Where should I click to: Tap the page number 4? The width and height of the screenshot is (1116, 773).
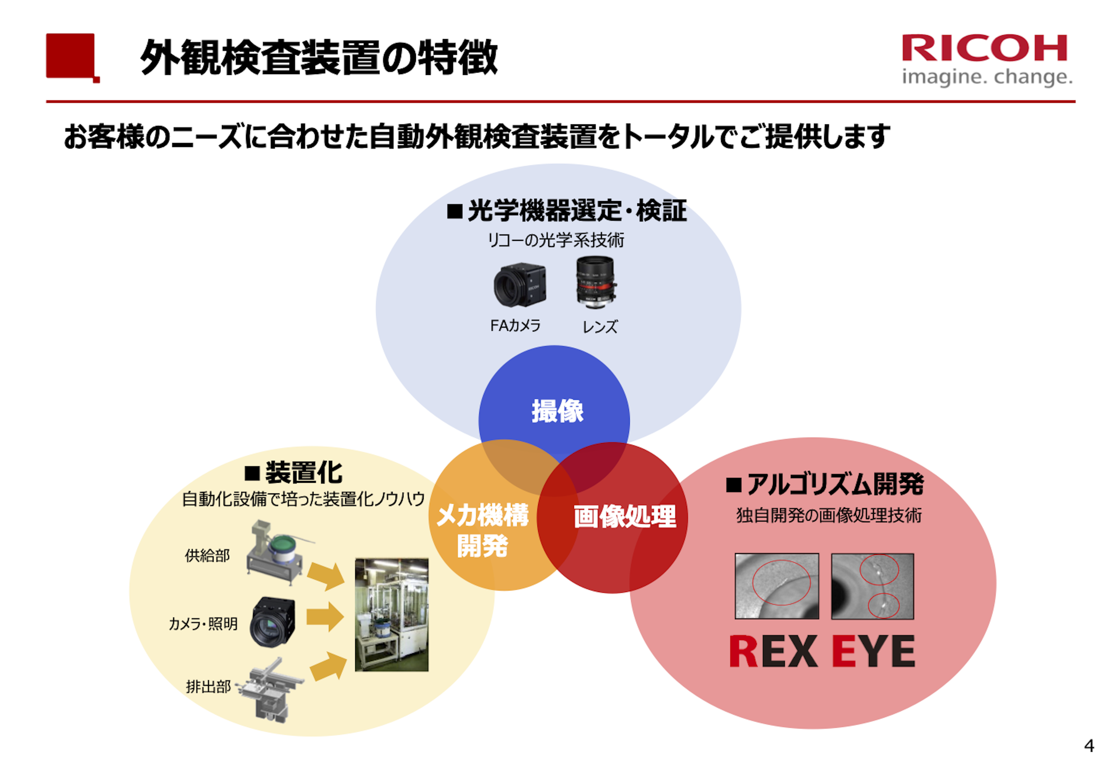click(x=1089, y=745)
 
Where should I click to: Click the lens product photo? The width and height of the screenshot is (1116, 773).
click(x=596, y=282)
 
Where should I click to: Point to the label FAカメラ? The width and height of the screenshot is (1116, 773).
click(x=515, y=325)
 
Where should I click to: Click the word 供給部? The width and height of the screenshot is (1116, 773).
click(x=207, y=556)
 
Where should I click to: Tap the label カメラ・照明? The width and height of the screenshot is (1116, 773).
click(x=203, y=624)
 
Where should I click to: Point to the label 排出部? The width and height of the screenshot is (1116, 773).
click(x=208, y=686)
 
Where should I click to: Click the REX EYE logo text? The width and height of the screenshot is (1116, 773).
click(x=822, y=652)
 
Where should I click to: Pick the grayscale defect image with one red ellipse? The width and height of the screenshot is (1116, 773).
click(x=776, y=586)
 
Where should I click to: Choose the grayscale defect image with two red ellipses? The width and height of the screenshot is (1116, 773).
click(x=872, y=586)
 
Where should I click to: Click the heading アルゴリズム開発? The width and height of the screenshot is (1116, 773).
click(x=834, y=484)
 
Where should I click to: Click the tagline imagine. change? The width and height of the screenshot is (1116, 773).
click(x=987, y=78)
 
